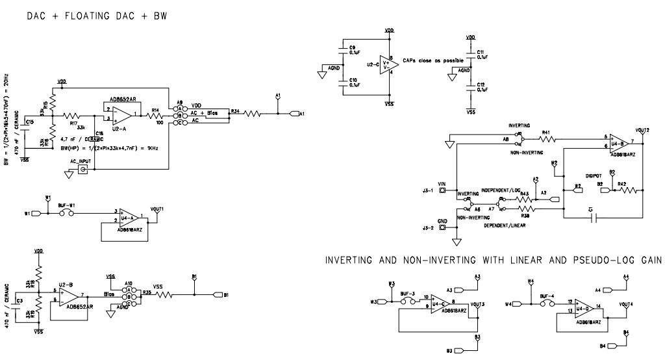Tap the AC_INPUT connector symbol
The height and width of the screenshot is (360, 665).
click(x=83, y=170)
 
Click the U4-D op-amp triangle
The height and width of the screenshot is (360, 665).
click(x=574, y=305)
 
